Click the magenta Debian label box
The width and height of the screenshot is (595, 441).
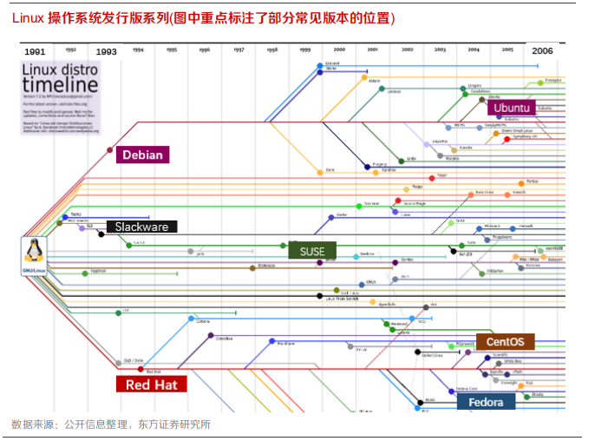[x=143, y=155]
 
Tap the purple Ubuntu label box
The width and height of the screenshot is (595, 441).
[x=511, y=108]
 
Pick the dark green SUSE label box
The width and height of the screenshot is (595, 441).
[x=312, y=251]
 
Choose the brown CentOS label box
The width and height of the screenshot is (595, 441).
[x=504, y=342]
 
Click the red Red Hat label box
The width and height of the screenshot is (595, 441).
[x=151, y=385]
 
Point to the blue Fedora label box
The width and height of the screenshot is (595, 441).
[x=485, y=402]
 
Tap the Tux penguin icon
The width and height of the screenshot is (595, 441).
[x=35, y=251]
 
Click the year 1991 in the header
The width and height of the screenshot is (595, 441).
[x=36, y=52]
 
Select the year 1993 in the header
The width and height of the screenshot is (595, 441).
[x=106, y=52]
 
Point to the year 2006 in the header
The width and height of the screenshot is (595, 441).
[x=542, y=51]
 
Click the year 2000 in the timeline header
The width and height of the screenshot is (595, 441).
[x=339, y=50]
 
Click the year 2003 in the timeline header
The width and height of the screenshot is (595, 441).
[x=440, y=50]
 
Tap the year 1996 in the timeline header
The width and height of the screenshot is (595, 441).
[x=204, y=50]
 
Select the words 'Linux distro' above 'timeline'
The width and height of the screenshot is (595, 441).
[x=59, y=69]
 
